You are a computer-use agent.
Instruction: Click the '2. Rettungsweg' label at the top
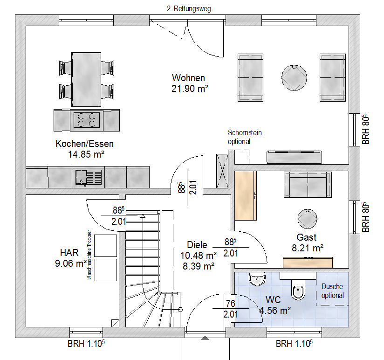pyautogui.click(x=189, y=8)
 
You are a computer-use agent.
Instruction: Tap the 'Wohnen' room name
pyautogui.click(x=188, y=78)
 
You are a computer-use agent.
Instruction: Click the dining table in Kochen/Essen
pyautogui.click(x=86, y=78)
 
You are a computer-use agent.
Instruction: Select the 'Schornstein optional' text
pyautogui.click(x=244, y=137)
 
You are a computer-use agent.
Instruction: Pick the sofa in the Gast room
pyautogui.click(x=308, y=185)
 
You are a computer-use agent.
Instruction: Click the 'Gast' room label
pyautogui.click(x=306, y=238)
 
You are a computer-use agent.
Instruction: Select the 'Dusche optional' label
pyautogui.click(x=332, y=291)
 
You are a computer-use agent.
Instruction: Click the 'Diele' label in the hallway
pyautogui.click(x=197, y=245)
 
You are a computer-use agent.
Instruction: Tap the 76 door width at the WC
pyautogui.click(x=231, y=304)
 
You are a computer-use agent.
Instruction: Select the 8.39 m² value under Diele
pyautogui.click(x=198, y=266)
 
